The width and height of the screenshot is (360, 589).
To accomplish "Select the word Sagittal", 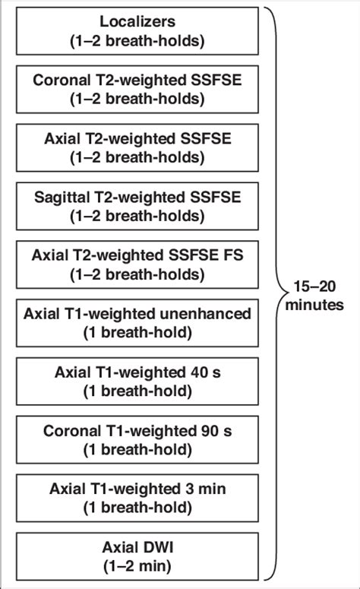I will coord(62,198).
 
